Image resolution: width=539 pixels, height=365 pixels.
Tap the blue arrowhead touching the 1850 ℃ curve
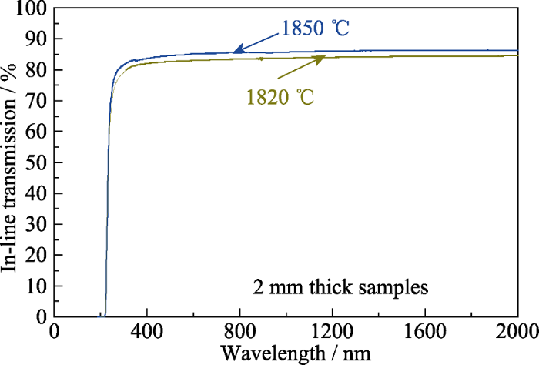238,51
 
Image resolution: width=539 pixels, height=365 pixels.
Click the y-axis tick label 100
30,9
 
